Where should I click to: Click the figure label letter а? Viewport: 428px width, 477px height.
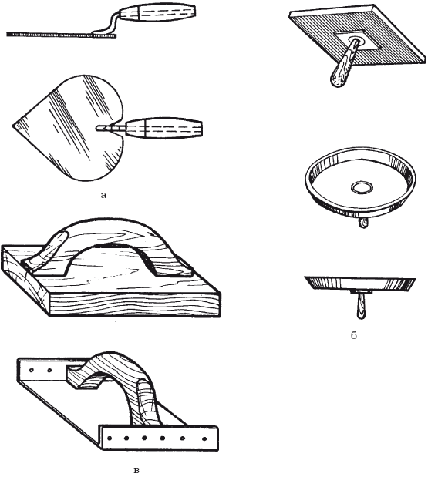point(103,195)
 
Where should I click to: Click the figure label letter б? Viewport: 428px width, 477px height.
point(353,335)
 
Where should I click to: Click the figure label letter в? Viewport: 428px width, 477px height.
point(136,471)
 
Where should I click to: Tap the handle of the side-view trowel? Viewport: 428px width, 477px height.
point(157,13)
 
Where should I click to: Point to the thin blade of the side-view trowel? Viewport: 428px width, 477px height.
point(62,35)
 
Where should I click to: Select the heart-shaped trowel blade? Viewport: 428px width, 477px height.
point(69,128)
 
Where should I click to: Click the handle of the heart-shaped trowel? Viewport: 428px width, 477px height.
point(164,128)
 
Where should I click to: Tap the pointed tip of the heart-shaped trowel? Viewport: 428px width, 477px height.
point(13,125)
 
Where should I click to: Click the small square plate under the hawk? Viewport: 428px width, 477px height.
point(359,40)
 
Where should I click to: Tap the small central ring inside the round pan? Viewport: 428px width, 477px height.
point(362,187)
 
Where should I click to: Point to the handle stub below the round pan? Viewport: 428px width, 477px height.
point(363,223)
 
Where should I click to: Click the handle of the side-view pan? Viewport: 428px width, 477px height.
point(361,306)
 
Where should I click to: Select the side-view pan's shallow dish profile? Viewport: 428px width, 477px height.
point(360,284)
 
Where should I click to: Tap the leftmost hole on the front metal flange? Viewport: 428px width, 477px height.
point(110,438)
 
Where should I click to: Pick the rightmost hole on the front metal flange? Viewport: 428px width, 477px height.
point(204,439)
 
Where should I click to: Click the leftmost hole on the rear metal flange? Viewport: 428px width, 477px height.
point(32,371)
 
